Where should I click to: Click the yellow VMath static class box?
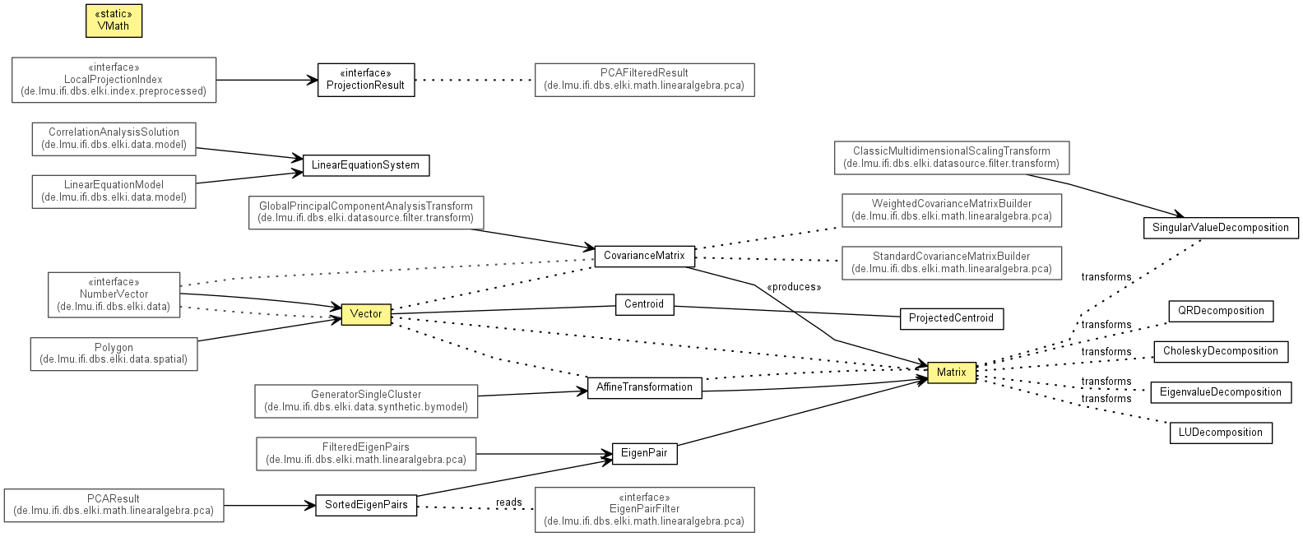[x=114, y=21]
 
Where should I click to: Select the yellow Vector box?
[x=366, y=314]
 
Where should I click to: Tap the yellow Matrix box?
[x=952, y=373]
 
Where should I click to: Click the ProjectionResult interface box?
[x=366, y=80]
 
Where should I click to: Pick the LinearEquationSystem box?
[x=366, y=165]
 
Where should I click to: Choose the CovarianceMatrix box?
[x=645, y=256]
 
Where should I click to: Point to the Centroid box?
[x=645, y=304]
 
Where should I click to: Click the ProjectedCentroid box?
[x=952, y=318]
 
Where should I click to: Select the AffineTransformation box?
[x=645, y=387]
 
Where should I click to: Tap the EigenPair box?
[x=645, y=453]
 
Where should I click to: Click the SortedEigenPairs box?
[x=366, y=505]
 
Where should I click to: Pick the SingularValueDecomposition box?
[x=1221, y=228]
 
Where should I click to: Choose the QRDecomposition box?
[x=1221, y=311]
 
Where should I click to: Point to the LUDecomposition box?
[x=1221, y=433]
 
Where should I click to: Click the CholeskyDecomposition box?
[x=1221, y=351]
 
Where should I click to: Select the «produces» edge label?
[x=794, y=287]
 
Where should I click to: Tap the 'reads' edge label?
[x=509, y=502]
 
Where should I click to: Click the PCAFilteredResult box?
[x=645, y=80]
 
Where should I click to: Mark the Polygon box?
[x=114, y=354]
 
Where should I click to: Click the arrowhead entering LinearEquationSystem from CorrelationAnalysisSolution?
[x=298, y=158]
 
